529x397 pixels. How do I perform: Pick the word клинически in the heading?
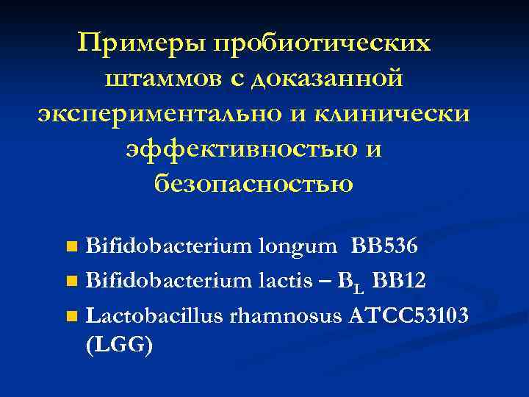(391, 113)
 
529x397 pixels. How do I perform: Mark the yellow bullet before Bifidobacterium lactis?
(71, 280)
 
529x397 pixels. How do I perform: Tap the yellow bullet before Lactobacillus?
(71, 316)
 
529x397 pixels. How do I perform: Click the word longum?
(294, 245)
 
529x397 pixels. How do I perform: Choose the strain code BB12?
(399, 280)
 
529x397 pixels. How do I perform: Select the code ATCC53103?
(409, 315)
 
